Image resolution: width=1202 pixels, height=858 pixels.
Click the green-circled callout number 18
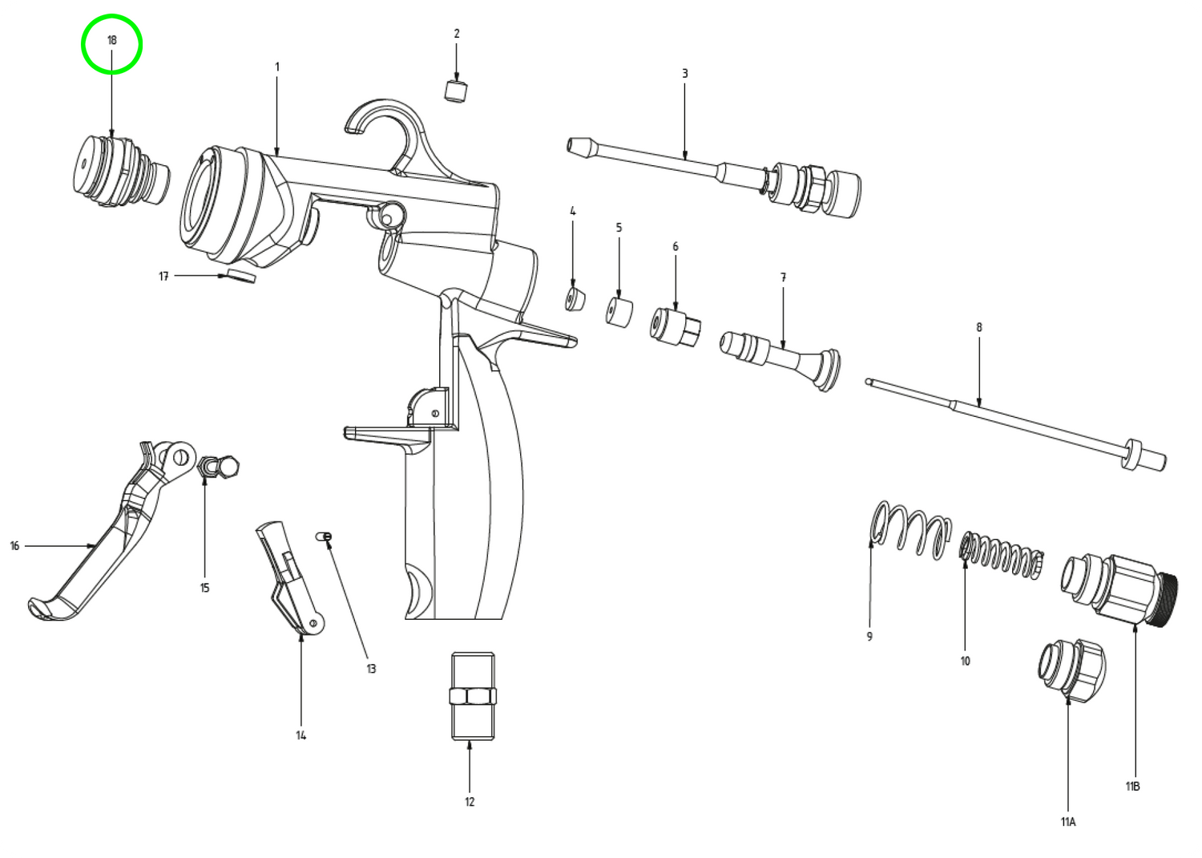click(x=112, y=40)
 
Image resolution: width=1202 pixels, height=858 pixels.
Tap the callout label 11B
click(x=1132, y=786)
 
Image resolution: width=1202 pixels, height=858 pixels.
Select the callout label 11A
click(x=1068, y=822)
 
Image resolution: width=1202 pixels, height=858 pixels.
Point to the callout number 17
click(x=163, y=276)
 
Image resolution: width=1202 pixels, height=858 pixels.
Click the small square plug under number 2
click(x=456, y=91)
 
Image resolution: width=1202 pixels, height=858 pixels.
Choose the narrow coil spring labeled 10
click(x=1002, y=556)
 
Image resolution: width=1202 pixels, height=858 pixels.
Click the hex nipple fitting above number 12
click(x=473, y=696)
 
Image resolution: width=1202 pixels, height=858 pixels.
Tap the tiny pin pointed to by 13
click(x=324, y=536)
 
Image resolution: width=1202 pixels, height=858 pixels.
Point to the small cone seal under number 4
click(x=575, y=300)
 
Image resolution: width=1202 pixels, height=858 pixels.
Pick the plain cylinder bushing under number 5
click(x=619, y=311)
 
